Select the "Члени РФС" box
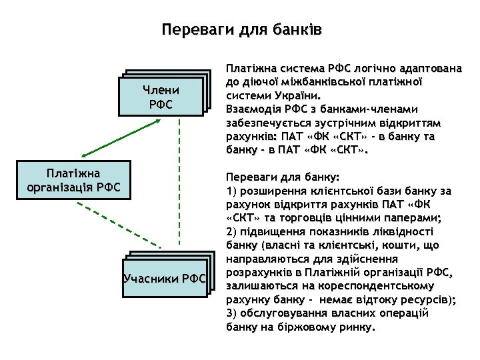(161, 97)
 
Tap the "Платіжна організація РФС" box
(73, 179)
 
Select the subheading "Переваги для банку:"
(283, 177)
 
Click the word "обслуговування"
(284, 313)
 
